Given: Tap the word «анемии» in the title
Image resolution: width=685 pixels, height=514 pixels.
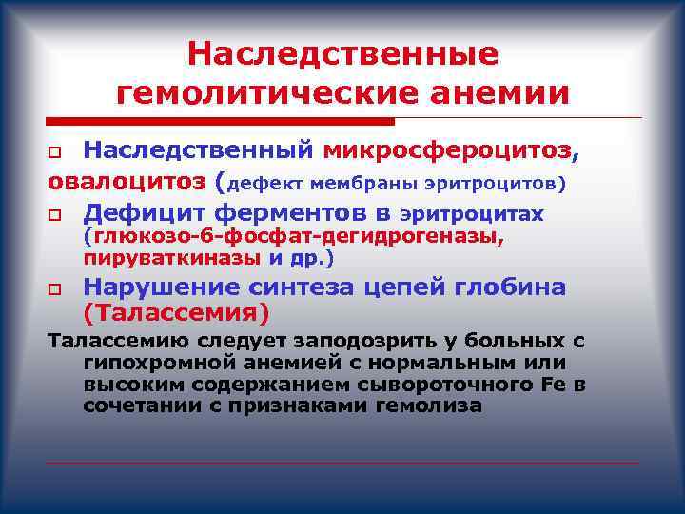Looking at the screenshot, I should (x=494, y=93).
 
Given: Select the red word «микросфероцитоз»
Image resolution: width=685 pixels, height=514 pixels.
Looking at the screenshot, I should (x=448, y=150).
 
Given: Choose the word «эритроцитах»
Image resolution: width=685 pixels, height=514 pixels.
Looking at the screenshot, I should (x=472, y=214).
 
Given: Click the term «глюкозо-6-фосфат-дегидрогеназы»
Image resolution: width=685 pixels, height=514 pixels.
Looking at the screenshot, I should (x=294, y=237).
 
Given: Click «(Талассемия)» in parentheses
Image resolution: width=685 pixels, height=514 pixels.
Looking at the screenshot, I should (x=176, y=312).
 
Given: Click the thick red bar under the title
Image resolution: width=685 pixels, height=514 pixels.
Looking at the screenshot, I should (x=220, y=122).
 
